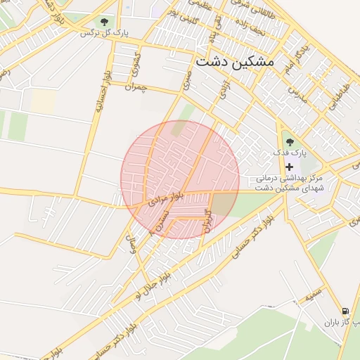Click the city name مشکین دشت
tap(236, 62)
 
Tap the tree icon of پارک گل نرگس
tap(105, 22)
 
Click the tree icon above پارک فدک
tap(290, 143)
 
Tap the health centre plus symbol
tap(289, 167)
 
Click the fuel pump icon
tap(345, 311)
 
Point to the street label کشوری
tap(136, 65)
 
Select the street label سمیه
tap(312, 293)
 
